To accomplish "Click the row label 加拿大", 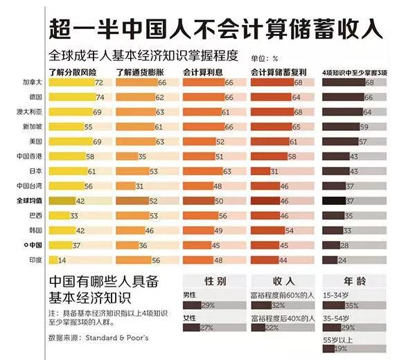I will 32,82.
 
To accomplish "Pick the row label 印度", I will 35,260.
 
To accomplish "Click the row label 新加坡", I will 32,127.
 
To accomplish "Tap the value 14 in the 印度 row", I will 62,260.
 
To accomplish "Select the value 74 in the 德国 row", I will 100,97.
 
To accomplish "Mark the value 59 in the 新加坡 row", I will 364,127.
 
